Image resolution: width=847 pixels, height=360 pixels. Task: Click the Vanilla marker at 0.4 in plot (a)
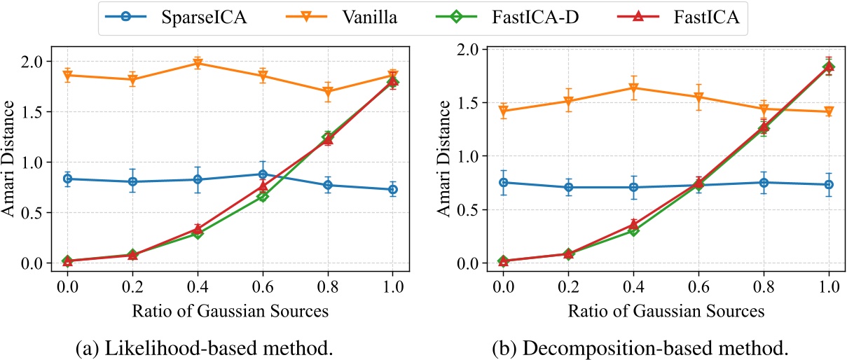pos(198,64)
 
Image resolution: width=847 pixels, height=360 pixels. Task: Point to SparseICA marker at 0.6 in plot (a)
pos(263,174)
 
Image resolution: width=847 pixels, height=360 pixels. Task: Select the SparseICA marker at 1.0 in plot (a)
pos(393,189)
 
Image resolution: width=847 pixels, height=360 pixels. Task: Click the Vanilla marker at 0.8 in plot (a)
pos(328,92)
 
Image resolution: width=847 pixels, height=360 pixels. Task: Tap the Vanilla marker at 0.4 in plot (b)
pos(633,88)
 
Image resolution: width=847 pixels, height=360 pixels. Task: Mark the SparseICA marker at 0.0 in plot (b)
pos(502,182)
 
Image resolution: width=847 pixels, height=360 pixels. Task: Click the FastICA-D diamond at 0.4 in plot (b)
pos(633,230)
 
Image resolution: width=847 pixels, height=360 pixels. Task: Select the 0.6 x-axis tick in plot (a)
pos(263,286)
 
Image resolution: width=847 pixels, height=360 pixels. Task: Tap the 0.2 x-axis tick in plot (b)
pos(567,286)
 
